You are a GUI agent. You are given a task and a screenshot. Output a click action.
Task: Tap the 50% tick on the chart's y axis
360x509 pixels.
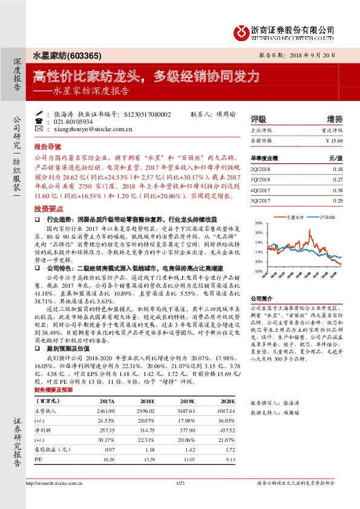[258, 222]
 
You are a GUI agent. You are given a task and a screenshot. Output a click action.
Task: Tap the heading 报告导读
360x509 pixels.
[48, 147]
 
